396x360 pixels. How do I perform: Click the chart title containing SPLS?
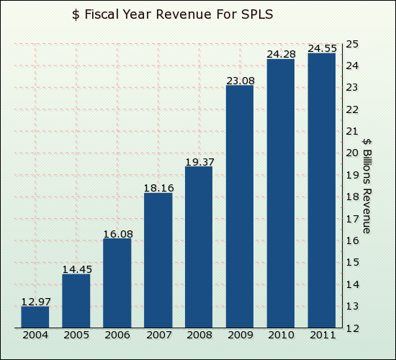pos(173,14)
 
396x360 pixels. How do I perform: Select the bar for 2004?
pos(35,317)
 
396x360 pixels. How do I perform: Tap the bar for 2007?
pos(158,260)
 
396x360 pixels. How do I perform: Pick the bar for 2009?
pos(240,207)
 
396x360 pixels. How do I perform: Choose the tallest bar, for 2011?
pos(322,190)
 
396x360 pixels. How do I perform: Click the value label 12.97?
pos(35,301)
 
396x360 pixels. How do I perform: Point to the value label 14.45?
pos(76,269)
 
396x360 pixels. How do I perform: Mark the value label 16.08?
pos(117,233)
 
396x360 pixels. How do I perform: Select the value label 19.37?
pos(199,162)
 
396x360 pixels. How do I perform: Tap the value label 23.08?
pos(240,81)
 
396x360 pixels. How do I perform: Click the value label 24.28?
pos(281,55)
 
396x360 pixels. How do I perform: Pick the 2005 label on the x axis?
pos(76,335)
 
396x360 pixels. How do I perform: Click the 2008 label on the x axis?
pos(199,335)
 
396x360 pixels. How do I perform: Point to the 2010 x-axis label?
pos(281,335)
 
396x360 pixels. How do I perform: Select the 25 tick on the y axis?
pos(352,44)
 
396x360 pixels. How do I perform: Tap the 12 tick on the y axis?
pos(352,328)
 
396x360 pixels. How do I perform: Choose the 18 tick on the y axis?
pos(352,197)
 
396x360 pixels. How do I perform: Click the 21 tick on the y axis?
pos(352,131)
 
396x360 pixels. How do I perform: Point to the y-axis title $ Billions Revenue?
pos(366,185)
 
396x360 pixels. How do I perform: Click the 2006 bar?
pos(117,283)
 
